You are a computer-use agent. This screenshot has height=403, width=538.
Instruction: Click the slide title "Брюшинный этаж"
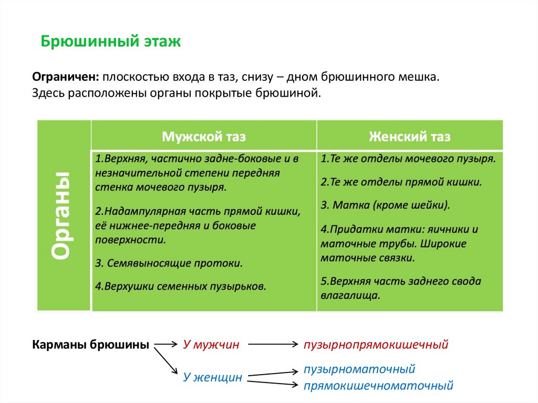[x=111, y=42]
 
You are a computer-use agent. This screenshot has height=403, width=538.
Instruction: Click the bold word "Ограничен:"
[x=66, y=77]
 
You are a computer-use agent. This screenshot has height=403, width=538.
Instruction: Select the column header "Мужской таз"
[x=204, y=137]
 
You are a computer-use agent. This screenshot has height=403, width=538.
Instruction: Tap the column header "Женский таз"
[x=409, y=137]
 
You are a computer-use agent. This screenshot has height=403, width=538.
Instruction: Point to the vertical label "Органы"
[x=63, y=215]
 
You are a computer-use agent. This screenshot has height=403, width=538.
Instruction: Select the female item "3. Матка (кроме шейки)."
[x=386, y=205]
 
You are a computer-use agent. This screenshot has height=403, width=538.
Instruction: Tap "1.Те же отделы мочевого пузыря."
[x=408, y=158]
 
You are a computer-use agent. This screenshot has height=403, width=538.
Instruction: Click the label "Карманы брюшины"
[x=90, y=345]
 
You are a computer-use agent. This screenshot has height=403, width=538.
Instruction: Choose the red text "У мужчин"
[x=211, y=345]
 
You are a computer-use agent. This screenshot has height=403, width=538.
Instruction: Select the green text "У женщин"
[x=213, y=377]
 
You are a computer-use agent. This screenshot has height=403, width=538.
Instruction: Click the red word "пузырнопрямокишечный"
[x=376, y=345]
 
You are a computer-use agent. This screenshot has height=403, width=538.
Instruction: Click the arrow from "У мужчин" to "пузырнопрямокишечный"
[x=272, y=345]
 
